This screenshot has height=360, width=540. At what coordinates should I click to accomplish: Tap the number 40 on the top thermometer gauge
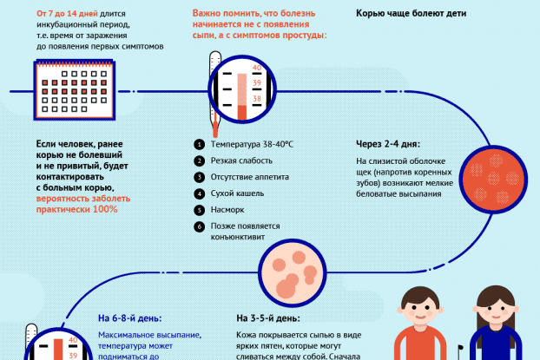(x=256, y=67)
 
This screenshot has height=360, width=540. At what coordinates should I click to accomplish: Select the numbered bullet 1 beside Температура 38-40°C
(x=199, y=144)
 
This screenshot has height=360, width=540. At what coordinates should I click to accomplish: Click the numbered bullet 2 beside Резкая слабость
(x=199, y=160)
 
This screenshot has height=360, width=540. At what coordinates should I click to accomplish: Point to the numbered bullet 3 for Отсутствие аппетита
(x=199, y=176)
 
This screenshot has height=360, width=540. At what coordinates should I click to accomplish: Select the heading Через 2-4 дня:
(x=388, y=144)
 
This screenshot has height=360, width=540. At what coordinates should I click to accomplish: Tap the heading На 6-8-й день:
(x=130, y=318)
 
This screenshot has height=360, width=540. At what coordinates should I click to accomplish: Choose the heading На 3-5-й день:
(x=268, y=318)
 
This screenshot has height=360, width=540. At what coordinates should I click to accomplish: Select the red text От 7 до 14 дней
(x=66, y=15)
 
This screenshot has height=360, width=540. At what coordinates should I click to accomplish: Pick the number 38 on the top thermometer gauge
(x=256, y=99)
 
